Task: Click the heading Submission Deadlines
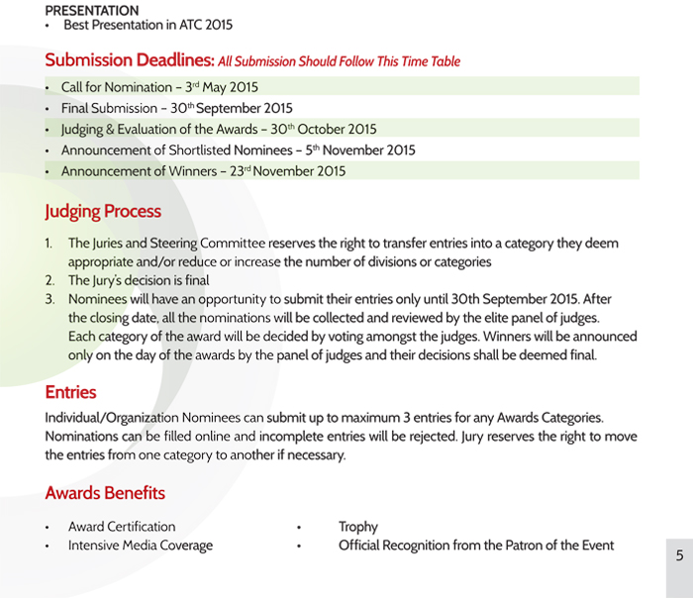pyautogui.click(x=130, y=60)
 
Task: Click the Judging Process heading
pyautogui.click(x=103, y=211)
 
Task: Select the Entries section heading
pyautogui.click(x=70, y=392)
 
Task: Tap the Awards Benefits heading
pyautogui.click(x=105, y=492)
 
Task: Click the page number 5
pyautogui.click(x=679, y=555)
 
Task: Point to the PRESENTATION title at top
pyautogui.click(x=92, y=10)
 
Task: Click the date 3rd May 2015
pyautogui.click(x=222, y=87)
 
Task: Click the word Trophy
pyautogui.click(x=358, y=527)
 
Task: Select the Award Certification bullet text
pyautogui.click(x=122, y=527)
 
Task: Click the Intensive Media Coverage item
pyautogui.click(x=141, y=546)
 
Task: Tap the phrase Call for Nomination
pyautogui.click(x=116, y=87)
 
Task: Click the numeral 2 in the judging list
pyautogui.click(x=49, y=280)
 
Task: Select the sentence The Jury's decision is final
pyautogui.click(x=139, y=280)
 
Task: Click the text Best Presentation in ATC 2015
pyautogui.click(x=148, y=25)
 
